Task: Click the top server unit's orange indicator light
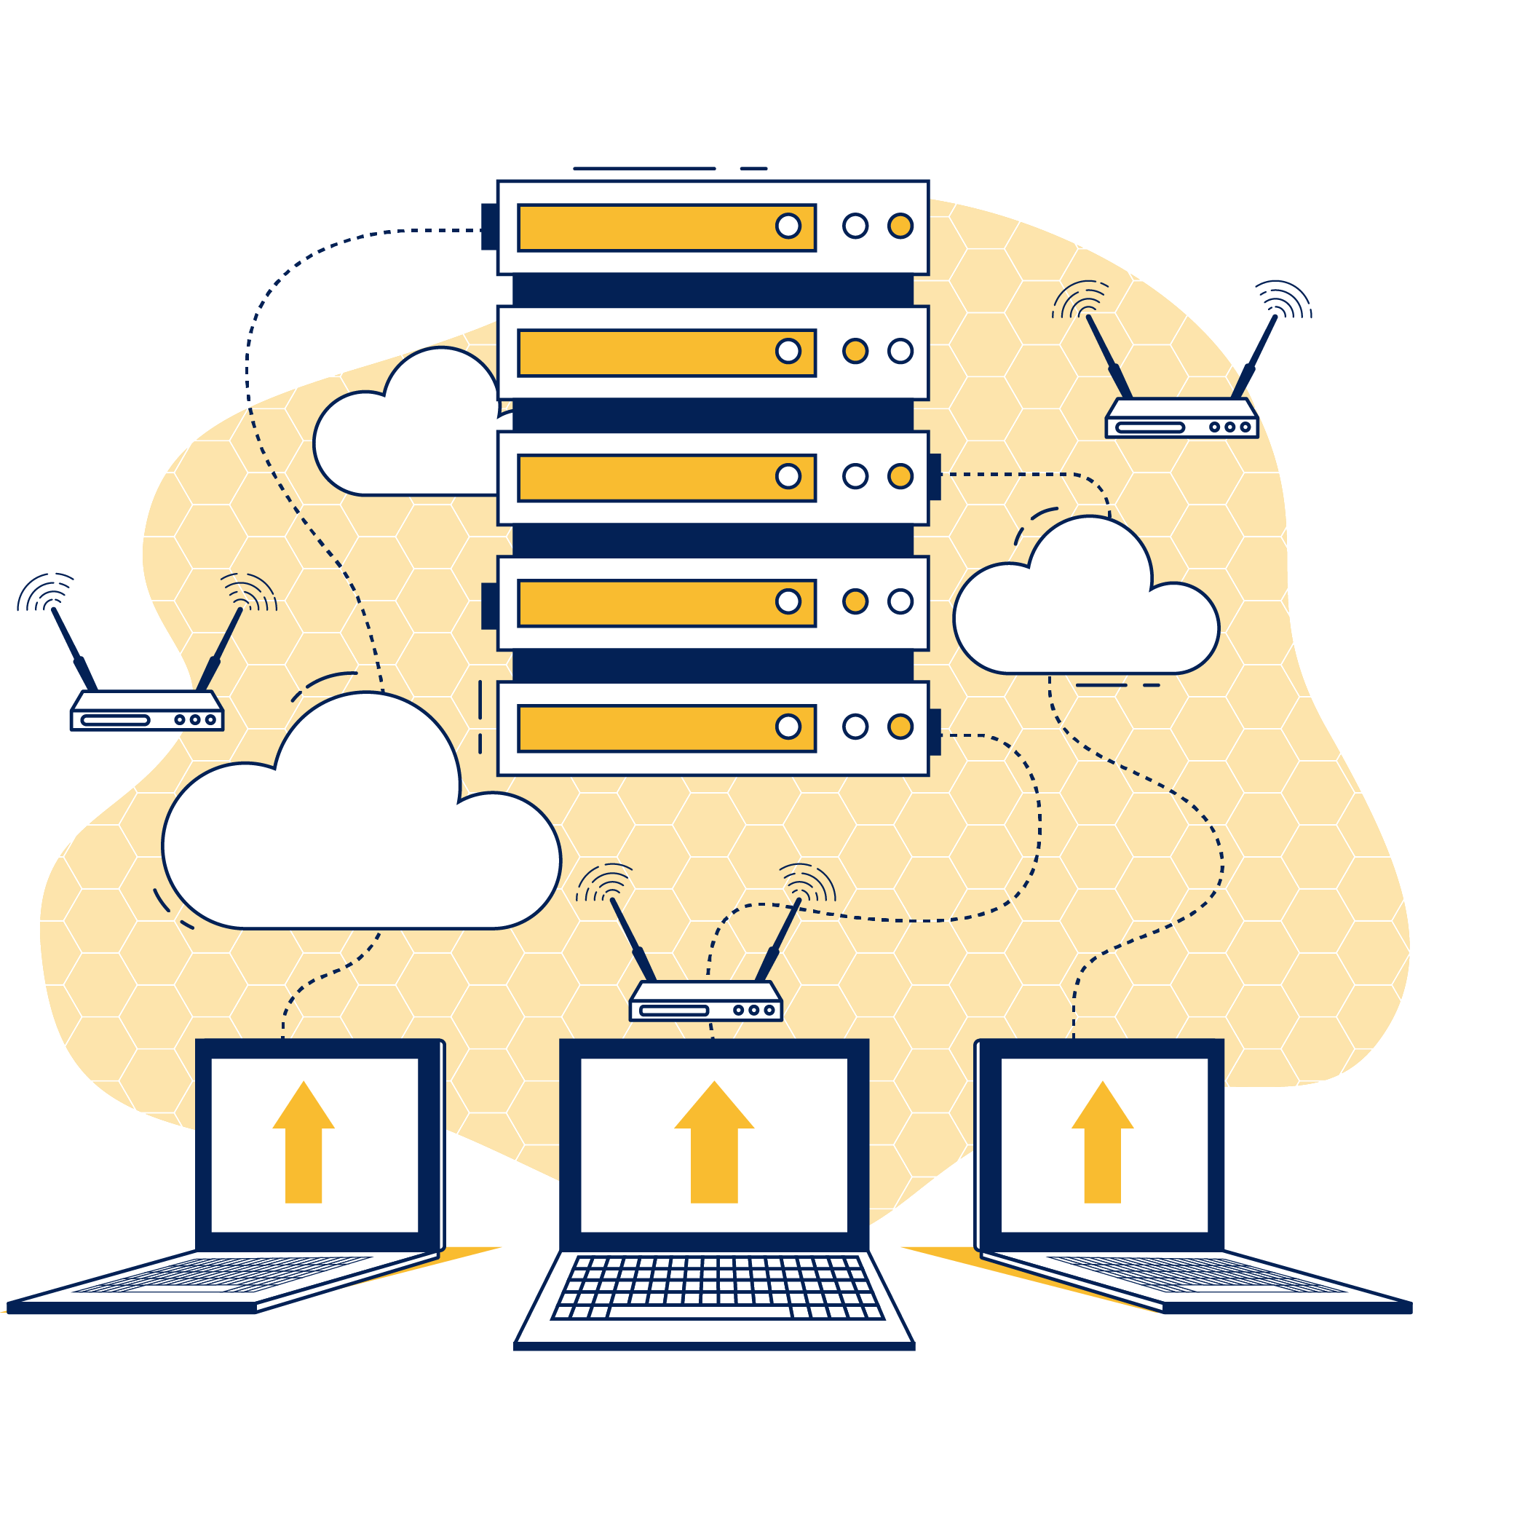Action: (x=900, y=226)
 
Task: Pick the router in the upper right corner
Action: (x=1181, y=419)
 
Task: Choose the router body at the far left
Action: (x=147, y=711)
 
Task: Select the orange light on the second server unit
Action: (x=855, y=350)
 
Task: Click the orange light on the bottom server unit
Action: (x=900, y=726)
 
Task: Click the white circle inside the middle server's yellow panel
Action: (x=787, y=475)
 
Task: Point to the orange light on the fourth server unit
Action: (x=855, y=601)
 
